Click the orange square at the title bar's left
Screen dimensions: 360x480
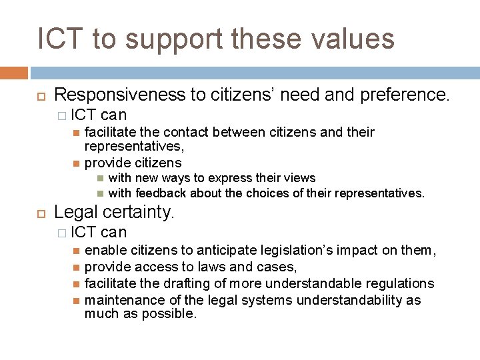14,73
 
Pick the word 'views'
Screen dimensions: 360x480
300,177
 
